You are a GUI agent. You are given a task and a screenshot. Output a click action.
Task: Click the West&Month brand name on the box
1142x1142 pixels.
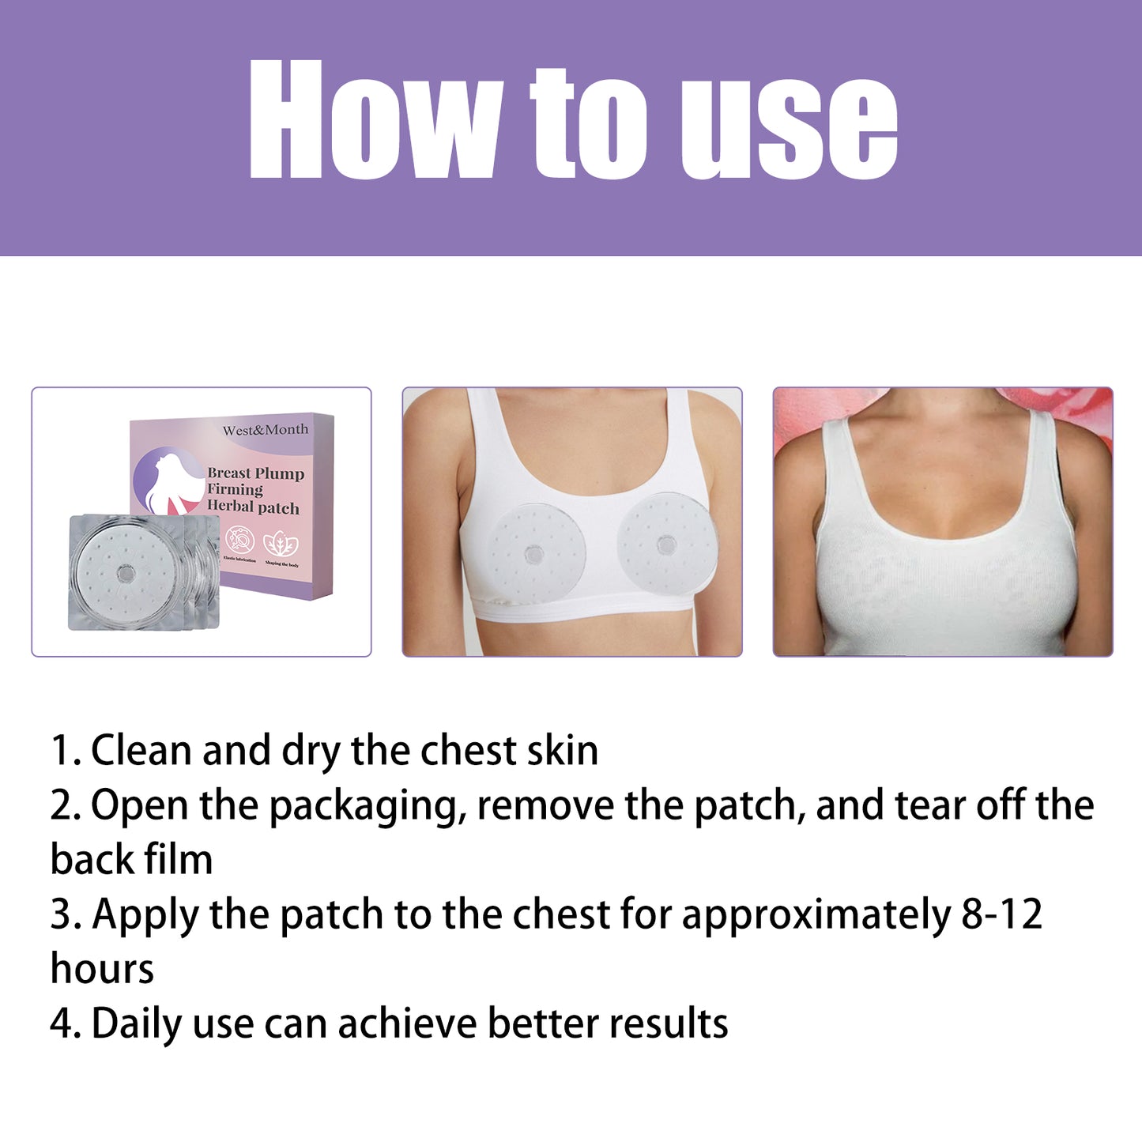[x=266, y=430]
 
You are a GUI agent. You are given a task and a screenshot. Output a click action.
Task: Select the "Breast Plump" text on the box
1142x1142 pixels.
[x=255, y=473]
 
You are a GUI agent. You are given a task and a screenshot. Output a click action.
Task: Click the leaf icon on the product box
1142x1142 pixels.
[x=281, y=543]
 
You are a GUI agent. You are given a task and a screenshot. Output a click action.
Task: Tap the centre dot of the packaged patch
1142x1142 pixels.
[x=124, y=573]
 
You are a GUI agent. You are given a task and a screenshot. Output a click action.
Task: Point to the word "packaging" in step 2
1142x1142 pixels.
[x=367, y=807]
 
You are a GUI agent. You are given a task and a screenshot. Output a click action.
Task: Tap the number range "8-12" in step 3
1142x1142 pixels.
[x=1002, y=914]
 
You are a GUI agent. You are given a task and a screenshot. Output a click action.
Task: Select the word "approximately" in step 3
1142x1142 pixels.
[x=816, y=916]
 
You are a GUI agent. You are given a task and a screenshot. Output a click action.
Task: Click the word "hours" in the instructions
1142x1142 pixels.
[x=102, y=969]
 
